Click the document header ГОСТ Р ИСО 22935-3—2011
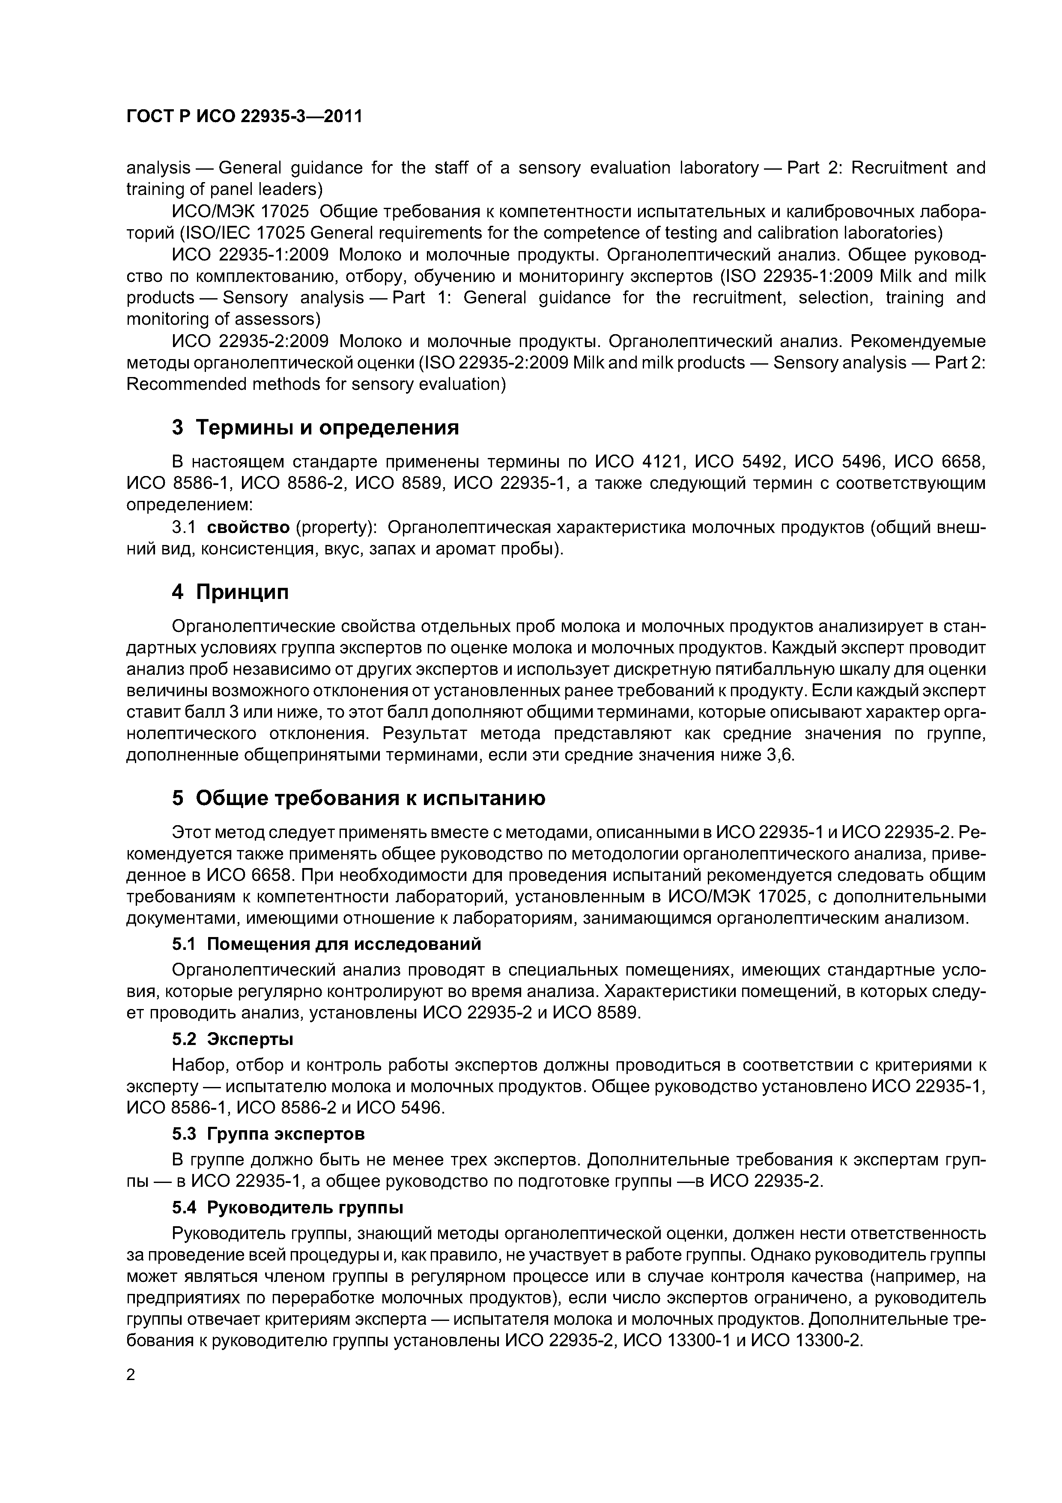[243, 117]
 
